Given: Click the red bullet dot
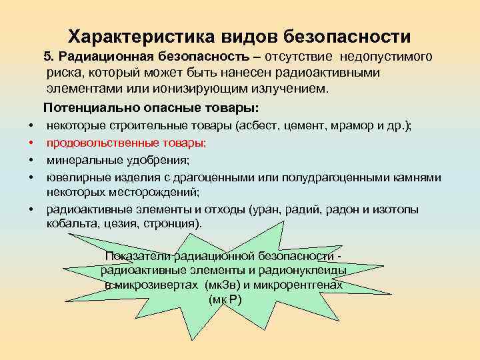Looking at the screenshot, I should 31,143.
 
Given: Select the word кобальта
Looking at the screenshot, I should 70,225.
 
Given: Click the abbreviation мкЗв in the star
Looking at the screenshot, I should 218,285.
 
